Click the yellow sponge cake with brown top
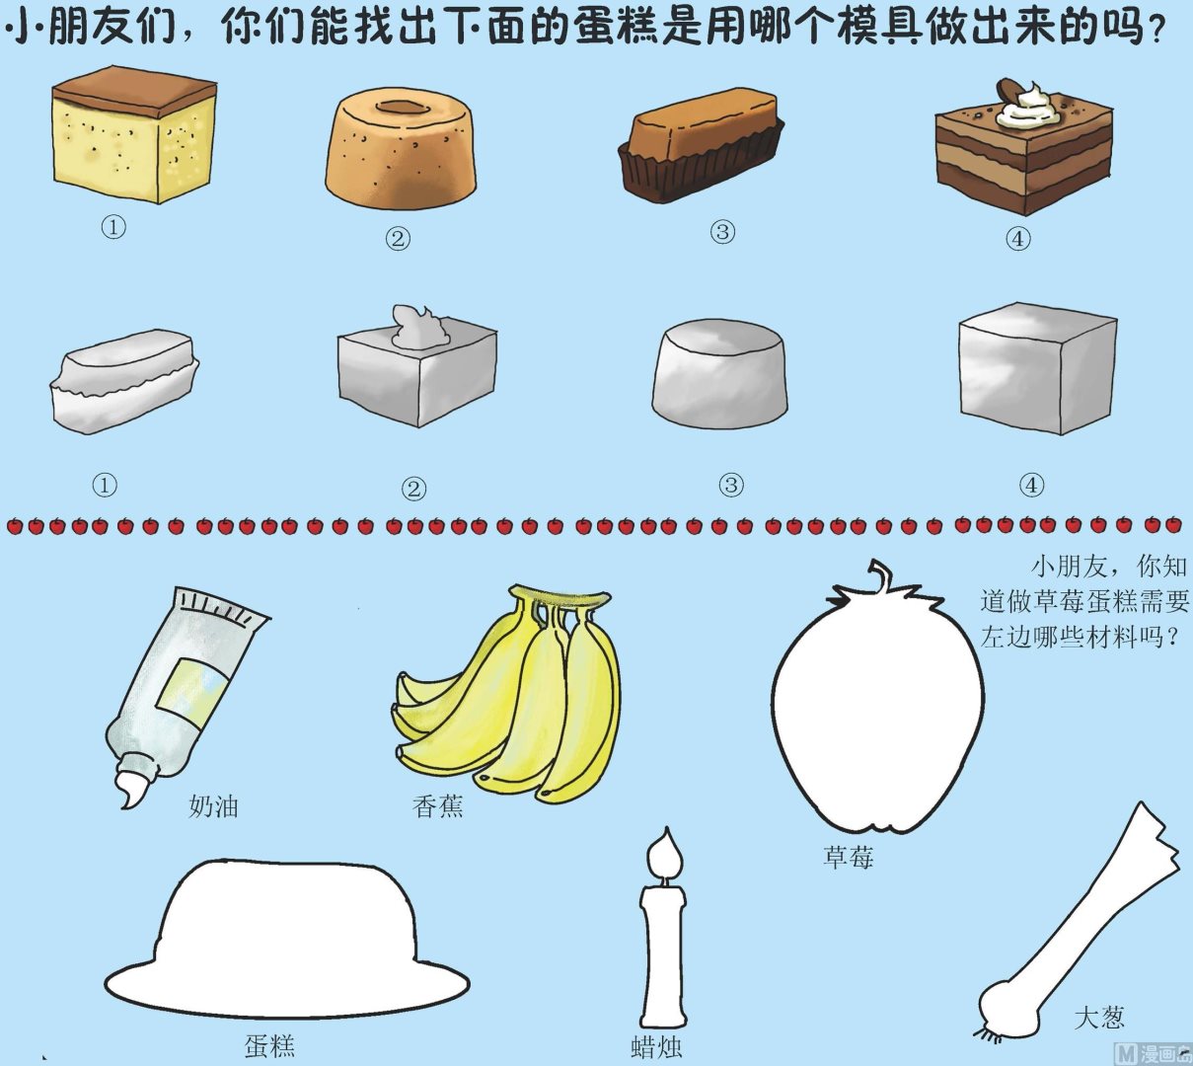tap(134, 134)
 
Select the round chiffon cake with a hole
tap(401, 148)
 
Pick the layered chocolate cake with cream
tap(1023, 150)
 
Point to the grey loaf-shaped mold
tap(125, 382)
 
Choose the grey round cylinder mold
tap(719, 374)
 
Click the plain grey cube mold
tap(1037, 369)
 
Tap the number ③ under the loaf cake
tap(722, 232)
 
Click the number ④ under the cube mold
tap(1031, 486)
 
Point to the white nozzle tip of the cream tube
tap(134, 790)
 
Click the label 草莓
tap(848, 858)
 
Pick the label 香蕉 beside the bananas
tap(437, 806)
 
